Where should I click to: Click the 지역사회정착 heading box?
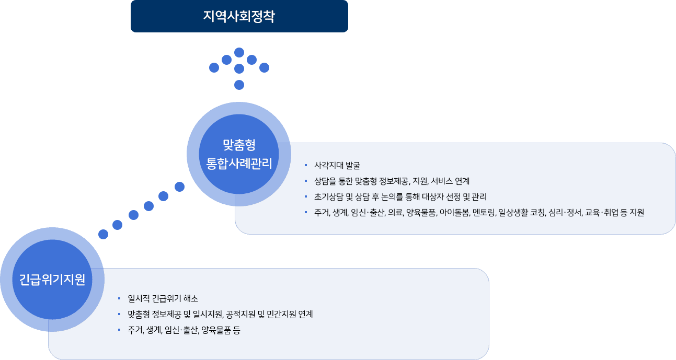[x=239, y=16]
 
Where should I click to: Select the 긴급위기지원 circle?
[x=52, y=280]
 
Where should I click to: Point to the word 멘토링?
[x=484, y=213]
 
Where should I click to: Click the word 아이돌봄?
[x=455, y=213]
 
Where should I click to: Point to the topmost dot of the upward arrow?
[x=239, y=52]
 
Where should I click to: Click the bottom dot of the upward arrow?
[x=239, y=85]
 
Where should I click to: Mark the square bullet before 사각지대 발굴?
[x=306, y=166]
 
